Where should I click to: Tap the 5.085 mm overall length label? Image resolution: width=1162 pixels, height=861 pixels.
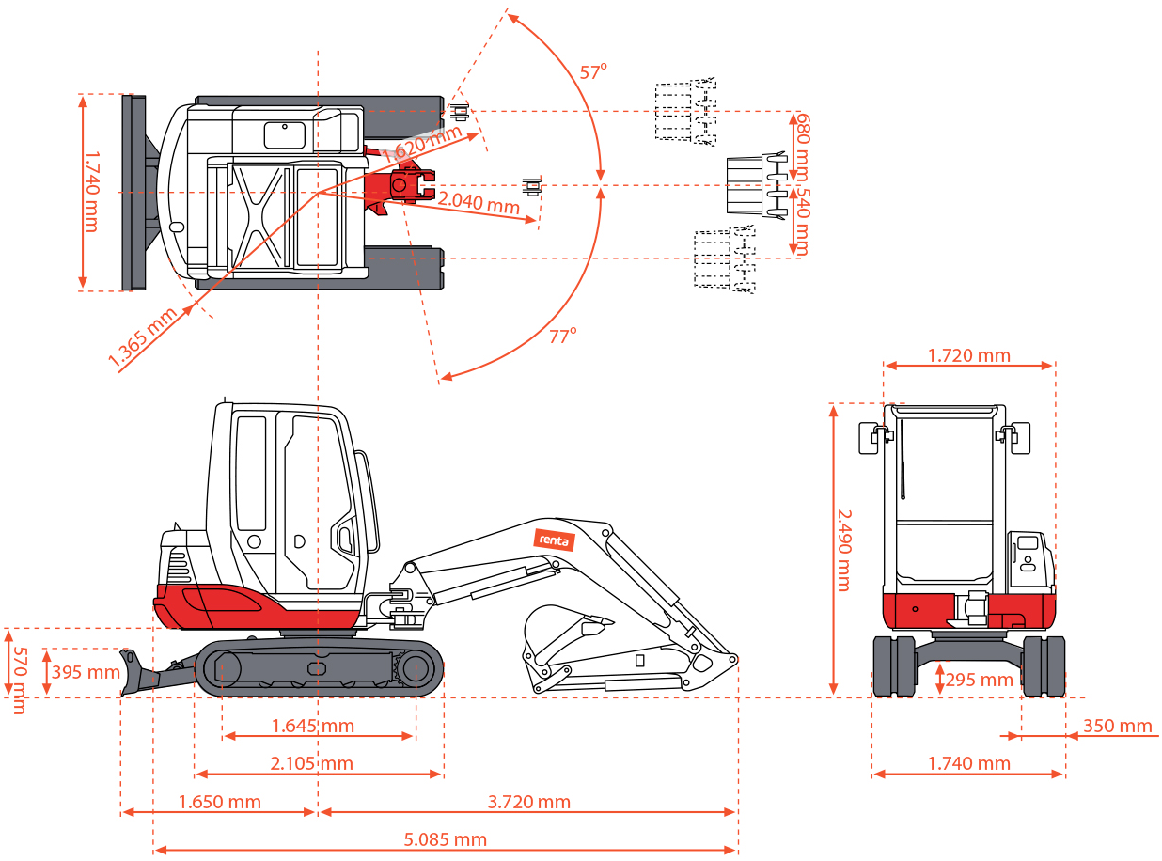pos(448,839)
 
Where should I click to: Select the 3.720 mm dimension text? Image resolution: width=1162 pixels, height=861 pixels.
pos(529,802)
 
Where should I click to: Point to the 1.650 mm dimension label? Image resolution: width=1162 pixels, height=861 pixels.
pos(220,802)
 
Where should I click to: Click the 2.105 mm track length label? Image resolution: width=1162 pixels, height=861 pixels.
pos(312,763)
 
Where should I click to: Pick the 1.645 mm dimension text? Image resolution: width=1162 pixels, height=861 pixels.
pos(313,726)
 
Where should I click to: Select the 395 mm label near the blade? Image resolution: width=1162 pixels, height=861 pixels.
pos(86,672)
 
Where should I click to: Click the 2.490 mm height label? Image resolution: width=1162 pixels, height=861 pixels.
pos(843,550)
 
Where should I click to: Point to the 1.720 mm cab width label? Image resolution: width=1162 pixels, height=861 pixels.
pos(969,355)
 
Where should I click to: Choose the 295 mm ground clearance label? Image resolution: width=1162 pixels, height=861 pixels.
pos(979,680)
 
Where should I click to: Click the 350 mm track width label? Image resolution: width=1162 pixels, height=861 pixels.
pos(1118,726)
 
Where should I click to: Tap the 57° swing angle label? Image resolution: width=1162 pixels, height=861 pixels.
pos(593,72)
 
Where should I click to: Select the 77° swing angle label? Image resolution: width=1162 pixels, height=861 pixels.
pos(563,336)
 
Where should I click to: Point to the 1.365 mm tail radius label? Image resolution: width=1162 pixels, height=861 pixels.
pos(143,336)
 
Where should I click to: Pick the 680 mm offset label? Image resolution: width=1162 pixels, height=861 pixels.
pos(801,146)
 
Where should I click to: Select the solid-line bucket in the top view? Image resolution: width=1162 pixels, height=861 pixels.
pos(755,185)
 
